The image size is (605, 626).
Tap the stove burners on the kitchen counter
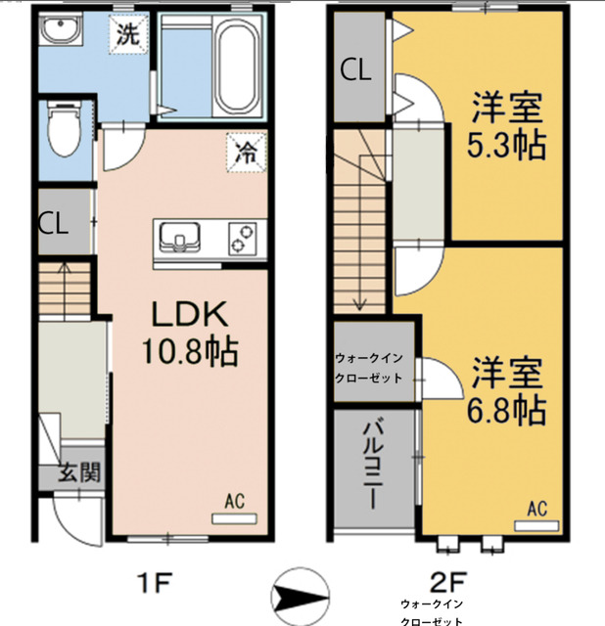pyautogui.click(x=242, y=238)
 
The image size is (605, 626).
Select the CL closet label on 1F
pyautogui.click(x=53, y=222)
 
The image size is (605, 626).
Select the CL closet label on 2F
pyautogui.click(x=355, y=69)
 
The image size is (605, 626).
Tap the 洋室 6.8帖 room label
pyautogui.click(x=506, y=390)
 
